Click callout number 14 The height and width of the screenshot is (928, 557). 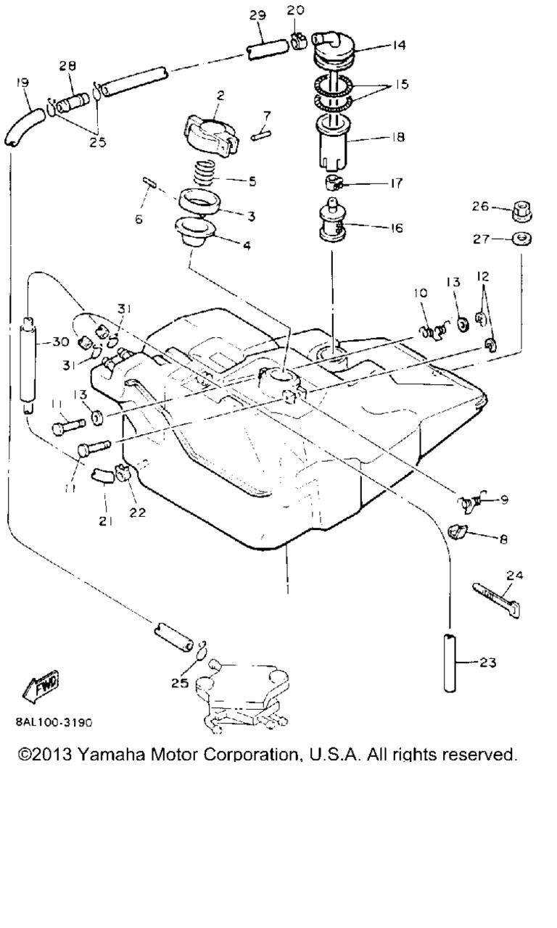(x=398, y=45)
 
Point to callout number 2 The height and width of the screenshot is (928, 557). (x=220, y=94)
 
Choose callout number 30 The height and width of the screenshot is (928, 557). (x=61, y=342)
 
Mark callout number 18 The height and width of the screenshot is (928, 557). (x=397, y=136)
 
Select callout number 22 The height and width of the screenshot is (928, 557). (x=137, y=512)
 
